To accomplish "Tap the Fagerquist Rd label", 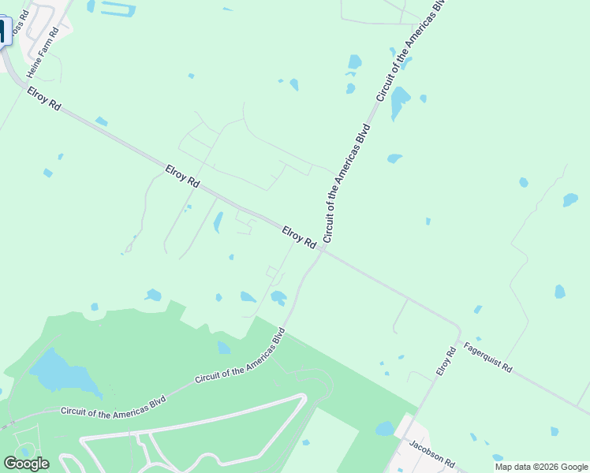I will click(488, 357).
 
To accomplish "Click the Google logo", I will click(26, 464).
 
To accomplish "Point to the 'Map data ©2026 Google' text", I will click(541, 467).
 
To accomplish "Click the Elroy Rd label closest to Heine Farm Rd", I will click(44, 103).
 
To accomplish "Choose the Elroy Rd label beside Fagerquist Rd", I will click(447, 360).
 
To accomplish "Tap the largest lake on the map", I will click(60, 371).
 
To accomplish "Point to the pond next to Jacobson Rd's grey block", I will click(385, 429).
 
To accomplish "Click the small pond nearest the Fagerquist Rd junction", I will click(478, 309).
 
